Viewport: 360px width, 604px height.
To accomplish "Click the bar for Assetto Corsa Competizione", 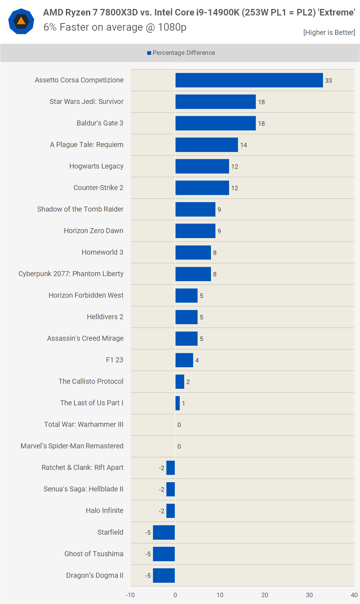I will (249, 80).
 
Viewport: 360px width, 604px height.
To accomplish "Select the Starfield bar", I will (164, 532).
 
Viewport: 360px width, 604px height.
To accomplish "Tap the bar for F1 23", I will (184, 360).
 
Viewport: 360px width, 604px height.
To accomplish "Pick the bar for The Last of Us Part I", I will (178, 403).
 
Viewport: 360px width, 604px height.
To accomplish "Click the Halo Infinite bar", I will (171, 511).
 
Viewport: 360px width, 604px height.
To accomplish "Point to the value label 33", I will (328, 81).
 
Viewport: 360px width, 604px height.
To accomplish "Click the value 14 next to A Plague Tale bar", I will (243, 145).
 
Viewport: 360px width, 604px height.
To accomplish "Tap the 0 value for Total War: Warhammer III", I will (179, 425).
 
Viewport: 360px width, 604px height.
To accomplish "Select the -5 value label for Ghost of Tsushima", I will (148, 554).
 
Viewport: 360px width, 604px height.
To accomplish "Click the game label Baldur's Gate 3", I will (100, 123).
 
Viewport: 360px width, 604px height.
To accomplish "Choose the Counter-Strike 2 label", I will (98, 188).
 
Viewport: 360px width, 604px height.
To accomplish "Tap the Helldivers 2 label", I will (105, 317).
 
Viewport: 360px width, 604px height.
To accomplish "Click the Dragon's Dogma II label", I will (94, 575).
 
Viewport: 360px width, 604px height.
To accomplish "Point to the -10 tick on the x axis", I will (130, 595).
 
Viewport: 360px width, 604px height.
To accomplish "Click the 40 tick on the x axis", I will (354, 595).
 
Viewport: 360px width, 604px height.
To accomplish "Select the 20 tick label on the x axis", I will (264, 595).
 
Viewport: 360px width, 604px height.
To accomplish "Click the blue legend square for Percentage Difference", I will (149, 53).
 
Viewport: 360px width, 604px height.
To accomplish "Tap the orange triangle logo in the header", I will (21, 21).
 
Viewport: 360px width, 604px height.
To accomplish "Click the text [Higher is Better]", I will (329, 33).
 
